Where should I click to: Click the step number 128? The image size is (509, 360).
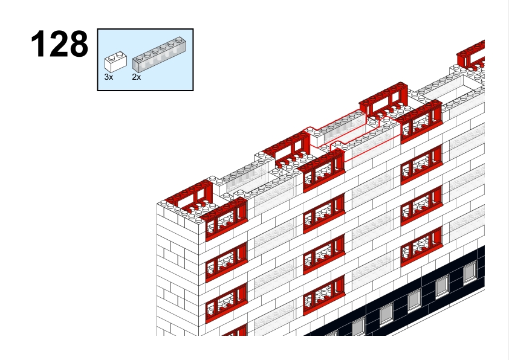(x=59, y=43)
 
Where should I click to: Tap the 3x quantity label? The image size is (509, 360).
(x=109, y=77)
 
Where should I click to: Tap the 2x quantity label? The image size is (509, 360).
(x=137, y=77)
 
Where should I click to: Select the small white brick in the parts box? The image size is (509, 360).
(x=115, y=62)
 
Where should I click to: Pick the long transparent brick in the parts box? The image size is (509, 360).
(x=159, y=54)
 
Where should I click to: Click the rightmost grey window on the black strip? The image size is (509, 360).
(x=470, y=273)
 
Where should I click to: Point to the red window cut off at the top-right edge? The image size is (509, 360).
(x=471, y=54)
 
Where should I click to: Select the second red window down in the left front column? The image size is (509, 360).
(x=227, y=262)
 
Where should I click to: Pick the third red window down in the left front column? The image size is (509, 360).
(x=227, y=303)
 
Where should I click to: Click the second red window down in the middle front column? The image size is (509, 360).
(x=324, y=213)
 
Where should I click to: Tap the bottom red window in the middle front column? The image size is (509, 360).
(x=324, y=295)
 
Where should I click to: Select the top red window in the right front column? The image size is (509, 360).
(x=421, y=121)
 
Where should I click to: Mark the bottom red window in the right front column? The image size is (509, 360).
(x=421, y=246)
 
